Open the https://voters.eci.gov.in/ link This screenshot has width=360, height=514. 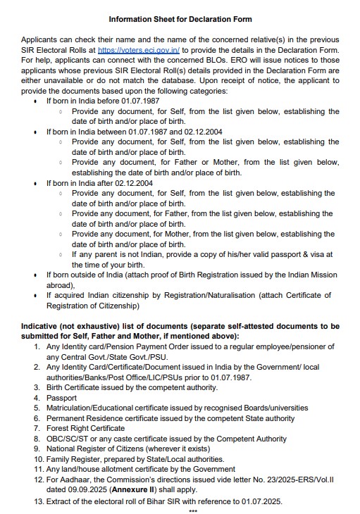139,51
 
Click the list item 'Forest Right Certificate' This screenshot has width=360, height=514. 85,427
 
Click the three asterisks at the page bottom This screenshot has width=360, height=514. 192,510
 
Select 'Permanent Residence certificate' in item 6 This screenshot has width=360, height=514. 103,418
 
